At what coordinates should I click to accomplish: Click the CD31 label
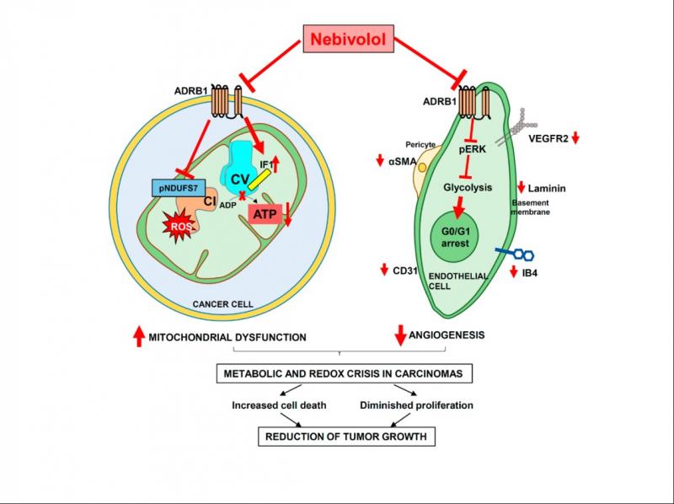[407, 271]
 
